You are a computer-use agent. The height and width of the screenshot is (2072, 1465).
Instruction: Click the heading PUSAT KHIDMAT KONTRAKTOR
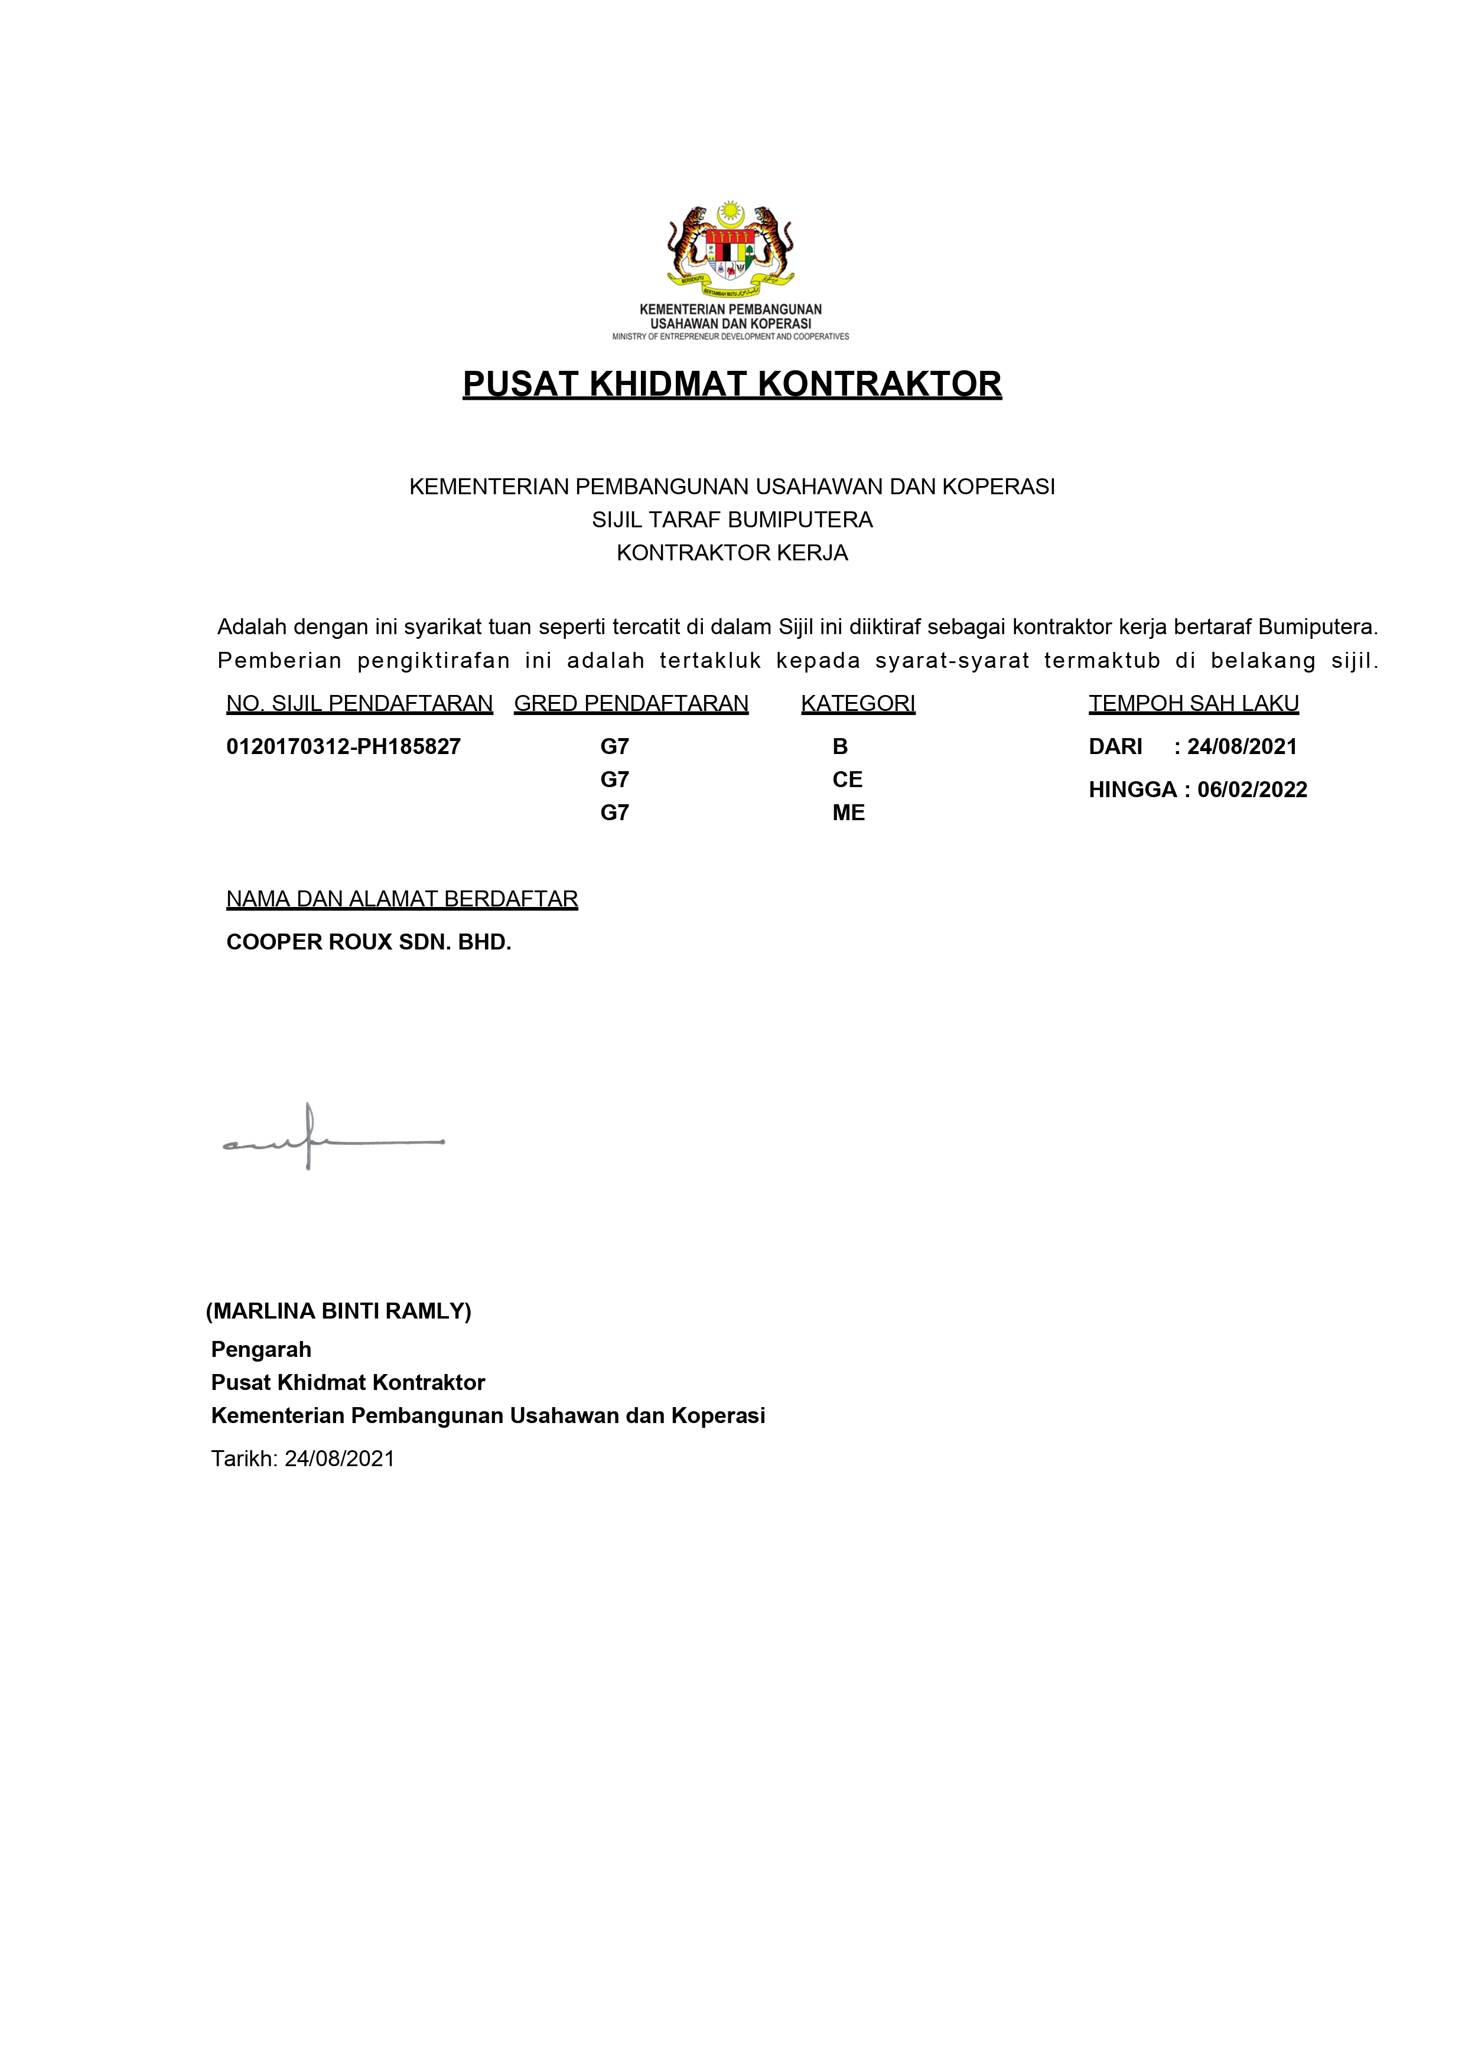(732, 384)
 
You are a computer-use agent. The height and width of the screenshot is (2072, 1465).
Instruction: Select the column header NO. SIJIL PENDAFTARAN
(359, 703)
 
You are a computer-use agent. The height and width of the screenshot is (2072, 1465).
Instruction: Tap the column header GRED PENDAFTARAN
(631, 703)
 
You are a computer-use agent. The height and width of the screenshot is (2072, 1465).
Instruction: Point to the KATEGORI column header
(858, 703)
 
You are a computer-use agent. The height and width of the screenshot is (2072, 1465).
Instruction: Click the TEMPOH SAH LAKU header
(1193, 703)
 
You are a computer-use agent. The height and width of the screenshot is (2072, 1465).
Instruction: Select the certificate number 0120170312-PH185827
(343, 746)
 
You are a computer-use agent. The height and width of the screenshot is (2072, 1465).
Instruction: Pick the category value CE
(847, 779)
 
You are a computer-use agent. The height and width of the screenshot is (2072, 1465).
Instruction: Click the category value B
(839, 746)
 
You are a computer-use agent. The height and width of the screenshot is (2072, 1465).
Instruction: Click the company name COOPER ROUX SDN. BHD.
(368, 942)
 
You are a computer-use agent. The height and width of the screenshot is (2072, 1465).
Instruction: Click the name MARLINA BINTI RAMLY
(338, 1311)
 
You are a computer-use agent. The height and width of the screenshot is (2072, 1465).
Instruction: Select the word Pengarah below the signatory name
(261, 1349)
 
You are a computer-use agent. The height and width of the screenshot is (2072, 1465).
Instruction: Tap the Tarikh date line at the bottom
(302, 1459)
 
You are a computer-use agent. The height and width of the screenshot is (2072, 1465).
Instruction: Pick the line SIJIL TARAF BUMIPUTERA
(732, 520)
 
